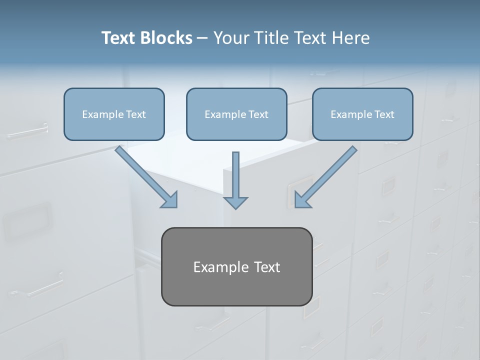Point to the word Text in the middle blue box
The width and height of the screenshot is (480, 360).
pyautogui.click(x=258, y=114)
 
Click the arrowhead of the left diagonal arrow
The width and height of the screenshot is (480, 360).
pyautogui.click(x=169, y=199)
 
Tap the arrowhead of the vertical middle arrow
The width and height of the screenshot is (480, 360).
pyautogui.click(x=235, y=202)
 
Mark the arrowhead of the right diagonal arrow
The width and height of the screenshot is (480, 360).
pyautogui.click(x=302, y=199)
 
